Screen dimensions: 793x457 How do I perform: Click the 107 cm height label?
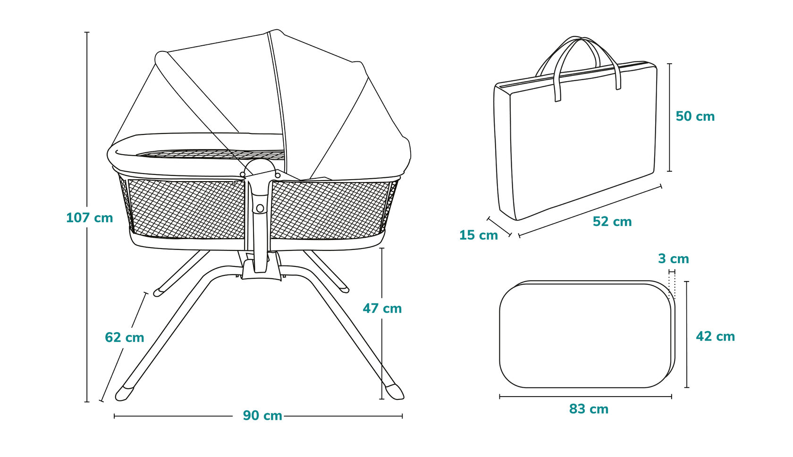[x=90, y=218]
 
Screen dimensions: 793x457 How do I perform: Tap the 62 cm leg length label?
[x=124, y=337]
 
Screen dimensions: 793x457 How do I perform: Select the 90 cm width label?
[x=262, y=415]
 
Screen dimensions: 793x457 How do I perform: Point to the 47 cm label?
[x=382, y=308]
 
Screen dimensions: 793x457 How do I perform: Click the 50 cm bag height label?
[x=695, y=116]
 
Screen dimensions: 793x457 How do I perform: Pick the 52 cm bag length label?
[x=612, y=222]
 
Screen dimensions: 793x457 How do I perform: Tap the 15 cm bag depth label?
[x=478, y=235]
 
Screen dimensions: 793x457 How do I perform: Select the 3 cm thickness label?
[x=673, y=259]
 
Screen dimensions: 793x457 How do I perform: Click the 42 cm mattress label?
[x=715, y=336]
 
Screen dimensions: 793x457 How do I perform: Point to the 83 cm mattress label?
[x=589, y=409]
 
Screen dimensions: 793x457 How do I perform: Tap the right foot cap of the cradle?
[x=394, y=391]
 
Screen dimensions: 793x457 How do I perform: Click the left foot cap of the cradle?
[x=125, y=392]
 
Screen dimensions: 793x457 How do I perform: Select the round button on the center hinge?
[x=260, y=208]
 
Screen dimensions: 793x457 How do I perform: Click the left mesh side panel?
[x=186, y=208]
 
